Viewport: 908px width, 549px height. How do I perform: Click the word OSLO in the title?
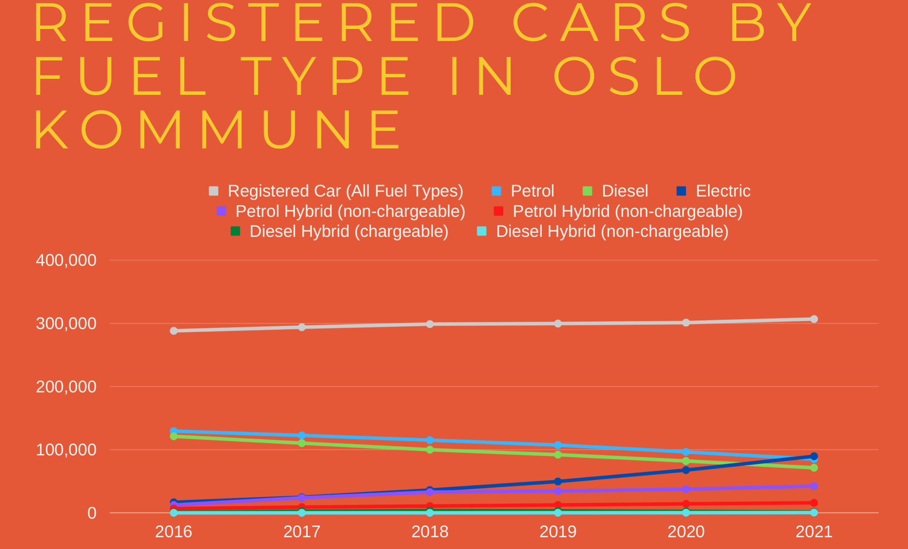pos(645,76)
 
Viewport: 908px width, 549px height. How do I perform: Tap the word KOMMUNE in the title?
pos(217,130)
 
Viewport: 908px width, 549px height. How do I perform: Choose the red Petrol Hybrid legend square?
pos(498,211)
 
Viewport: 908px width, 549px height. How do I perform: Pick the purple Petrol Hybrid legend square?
pos(221,211)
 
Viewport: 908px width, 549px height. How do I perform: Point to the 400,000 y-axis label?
pos(66,260)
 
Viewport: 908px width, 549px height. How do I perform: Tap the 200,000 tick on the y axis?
pos(66,386)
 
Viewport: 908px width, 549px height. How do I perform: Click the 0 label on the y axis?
pos(92,513)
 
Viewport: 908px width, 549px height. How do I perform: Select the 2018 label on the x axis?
pos(430,532)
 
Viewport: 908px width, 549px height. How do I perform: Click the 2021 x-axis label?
pos(814,532)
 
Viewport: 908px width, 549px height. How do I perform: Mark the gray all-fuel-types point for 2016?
pos(174,331)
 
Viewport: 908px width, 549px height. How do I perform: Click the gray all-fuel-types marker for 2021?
pos(814,319)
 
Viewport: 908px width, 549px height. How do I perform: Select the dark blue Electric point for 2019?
pos(558,482)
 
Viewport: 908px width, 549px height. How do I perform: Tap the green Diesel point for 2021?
pos(814,468)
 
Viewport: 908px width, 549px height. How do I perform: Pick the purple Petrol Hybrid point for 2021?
pos(814,486)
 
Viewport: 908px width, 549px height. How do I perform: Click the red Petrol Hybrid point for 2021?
pos(814,503)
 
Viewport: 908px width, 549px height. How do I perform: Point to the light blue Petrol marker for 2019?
pos(558,445)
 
